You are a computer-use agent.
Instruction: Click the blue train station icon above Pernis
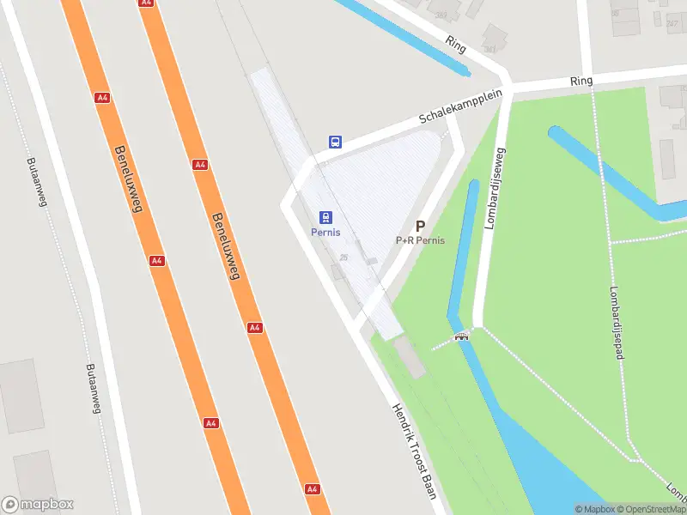326,218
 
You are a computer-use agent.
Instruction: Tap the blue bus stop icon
336,142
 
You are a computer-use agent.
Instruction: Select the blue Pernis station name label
325,233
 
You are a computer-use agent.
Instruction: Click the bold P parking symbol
420,226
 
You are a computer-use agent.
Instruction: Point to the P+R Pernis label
420,240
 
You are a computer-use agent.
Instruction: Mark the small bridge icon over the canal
462,336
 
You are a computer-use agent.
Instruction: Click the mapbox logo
38,505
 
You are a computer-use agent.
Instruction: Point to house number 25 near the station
343,257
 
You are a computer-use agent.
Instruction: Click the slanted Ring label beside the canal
455,44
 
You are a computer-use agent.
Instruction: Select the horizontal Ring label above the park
581,81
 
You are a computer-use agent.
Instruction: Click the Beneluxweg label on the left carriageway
128,178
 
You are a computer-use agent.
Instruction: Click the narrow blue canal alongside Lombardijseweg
460,257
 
